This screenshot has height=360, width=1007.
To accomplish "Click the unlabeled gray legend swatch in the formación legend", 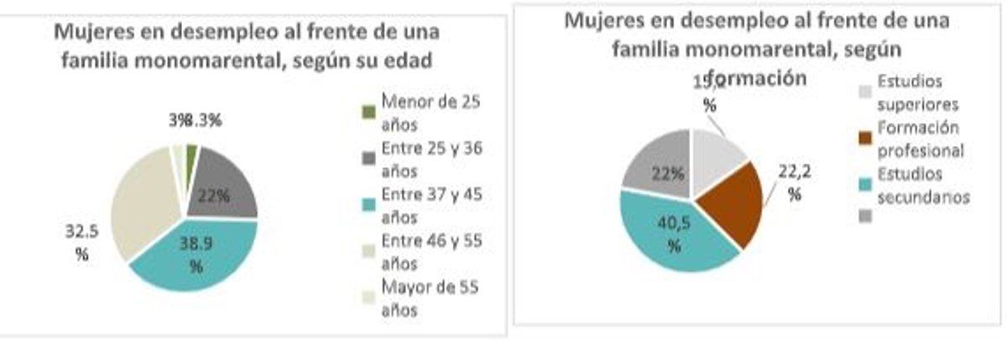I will click(x=864, y=216).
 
